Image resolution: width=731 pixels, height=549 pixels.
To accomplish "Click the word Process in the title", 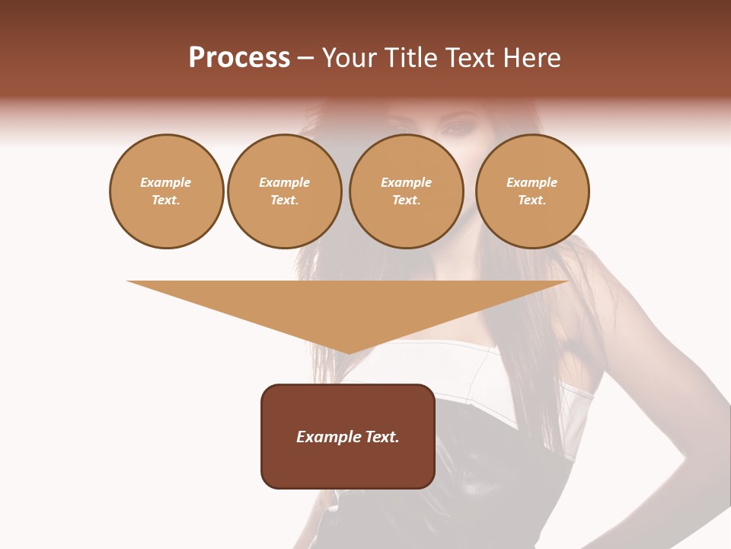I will (239, 58).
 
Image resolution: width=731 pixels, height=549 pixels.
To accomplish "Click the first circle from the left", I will (166, 191).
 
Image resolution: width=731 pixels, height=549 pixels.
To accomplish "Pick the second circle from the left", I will (284, 191).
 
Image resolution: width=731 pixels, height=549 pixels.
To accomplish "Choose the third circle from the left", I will (406, 191).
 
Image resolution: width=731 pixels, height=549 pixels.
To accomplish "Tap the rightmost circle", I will (531, 191).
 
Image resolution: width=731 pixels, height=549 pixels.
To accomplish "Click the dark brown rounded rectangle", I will (348, 436).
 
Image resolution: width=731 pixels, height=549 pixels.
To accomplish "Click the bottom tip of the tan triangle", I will (349, 353).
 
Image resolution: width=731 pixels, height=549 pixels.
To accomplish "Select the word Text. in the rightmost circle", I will (531, 201).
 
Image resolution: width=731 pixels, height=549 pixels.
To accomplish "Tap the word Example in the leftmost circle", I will (166, 183).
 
